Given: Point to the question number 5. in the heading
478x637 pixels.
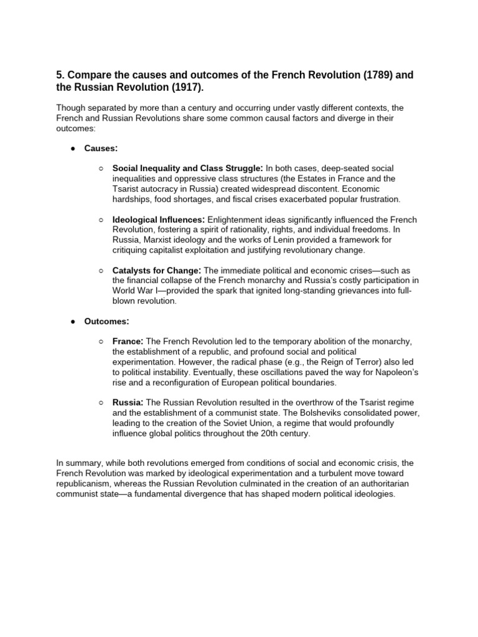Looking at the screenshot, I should click(60, 75).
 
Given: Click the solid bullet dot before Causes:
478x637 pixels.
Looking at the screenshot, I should click(73, 150).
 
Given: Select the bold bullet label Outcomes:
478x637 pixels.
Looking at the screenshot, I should click(108, 322).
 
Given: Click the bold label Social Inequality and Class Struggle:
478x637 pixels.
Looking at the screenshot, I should click(187, 169).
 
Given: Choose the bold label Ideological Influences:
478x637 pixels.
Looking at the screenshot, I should click(159, 220).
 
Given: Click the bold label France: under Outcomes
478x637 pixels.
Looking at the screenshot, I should click(128, 342).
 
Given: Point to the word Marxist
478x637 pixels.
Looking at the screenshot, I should click(157, 240).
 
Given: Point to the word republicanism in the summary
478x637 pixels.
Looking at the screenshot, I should click(85, 483).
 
